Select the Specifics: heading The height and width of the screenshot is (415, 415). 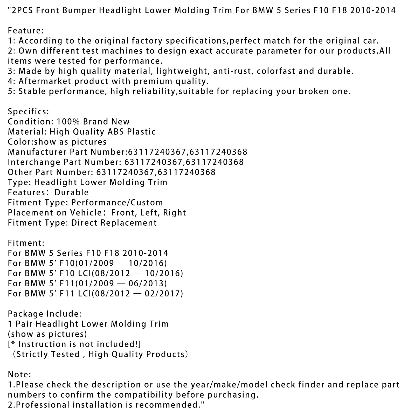[x=28, y=112]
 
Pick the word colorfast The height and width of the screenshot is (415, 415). [x=275, y=71]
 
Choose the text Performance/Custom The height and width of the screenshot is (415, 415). [x=117, y=203]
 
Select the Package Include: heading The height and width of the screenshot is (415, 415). [x=45, y=314]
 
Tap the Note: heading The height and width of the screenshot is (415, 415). [x=19, y=375]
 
